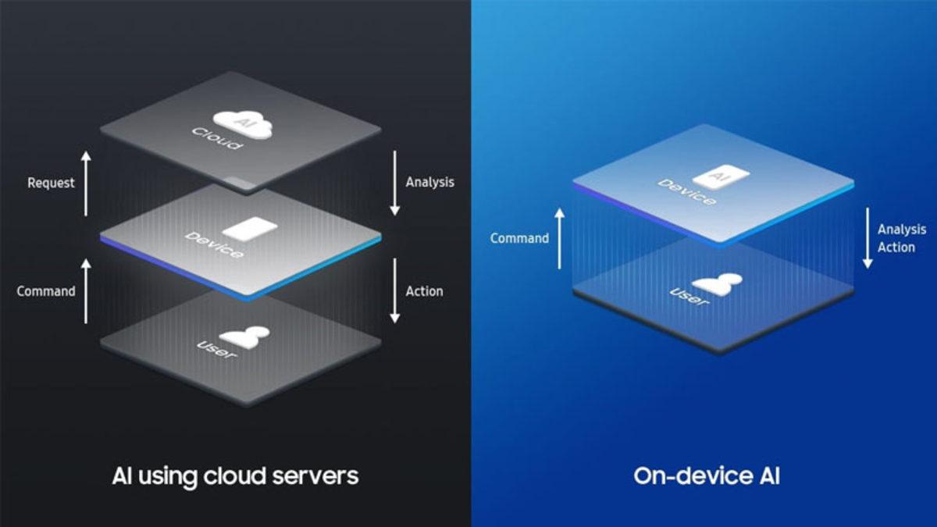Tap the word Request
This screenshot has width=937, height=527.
51,183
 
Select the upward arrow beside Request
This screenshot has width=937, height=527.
86,183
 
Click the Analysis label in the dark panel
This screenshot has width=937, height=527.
429,182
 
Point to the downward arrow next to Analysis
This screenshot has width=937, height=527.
395,183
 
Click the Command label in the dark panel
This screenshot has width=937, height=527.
46,291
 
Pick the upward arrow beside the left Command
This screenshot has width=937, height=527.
86,291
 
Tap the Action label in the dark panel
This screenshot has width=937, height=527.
424,291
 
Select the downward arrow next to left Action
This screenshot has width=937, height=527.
395,291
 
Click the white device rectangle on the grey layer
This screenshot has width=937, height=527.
249,228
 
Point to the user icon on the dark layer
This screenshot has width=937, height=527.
244,336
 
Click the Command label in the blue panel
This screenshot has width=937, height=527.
519,238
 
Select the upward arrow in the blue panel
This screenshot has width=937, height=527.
559,238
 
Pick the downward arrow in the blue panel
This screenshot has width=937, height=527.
867,238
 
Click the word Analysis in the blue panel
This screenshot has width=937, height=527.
901,230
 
